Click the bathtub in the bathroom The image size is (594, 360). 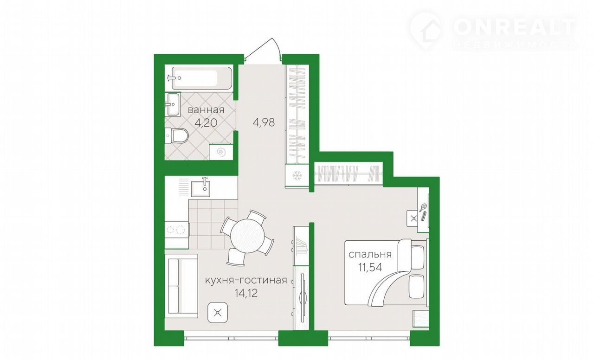tap(203, 78)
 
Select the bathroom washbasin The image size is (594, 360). tap(172, 104)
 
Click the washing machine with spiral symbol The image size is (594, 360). tap(221, 152)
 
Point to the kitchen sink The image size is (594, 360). tap(201, 189)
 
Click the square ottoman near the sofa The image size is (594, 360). tap(218, 313)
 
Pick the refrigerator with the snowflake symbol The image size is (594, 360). tap(297, 176)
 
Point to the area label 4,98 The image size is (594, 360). tap(264, 123)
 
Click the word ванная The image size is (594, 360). tap(206, 110)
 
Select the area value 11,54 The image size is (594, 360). tap(370, 267)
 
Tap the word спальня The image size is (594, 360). tap(370, 255)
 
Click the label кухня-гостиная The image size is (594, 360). tap(246, 280)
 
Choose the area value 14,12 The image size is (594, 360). tap(246, 293)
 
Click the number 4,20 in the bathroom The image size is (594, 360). tap(206, 123)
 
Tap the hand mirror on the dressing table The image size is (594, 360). tap(423, 207)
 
